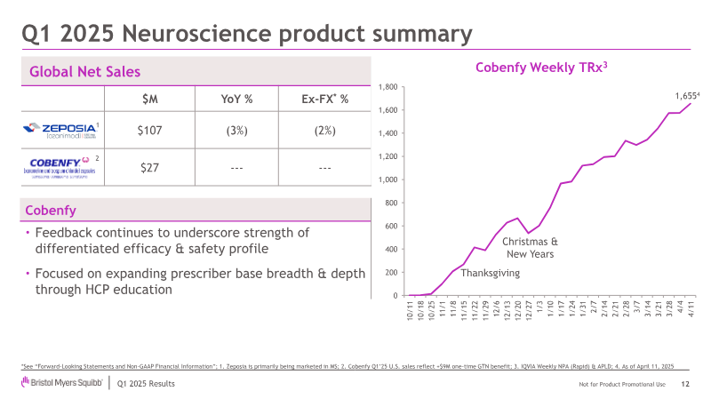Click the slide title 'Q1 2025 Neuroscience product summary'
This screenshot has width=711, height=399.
point(246,34)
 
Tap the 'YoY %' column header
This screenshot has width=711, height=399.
point(236,98)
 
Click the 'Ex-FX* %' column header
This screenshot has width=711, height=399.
point(324,98)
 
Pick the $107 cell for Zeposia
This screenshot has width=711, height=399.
point(148,130)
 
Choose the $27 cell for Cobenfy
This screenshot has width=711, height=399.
point(148,166)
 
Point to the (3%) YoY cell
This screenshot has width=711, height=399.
point(236,130)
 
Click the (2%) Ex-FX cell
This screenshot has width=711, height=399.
point(324,130)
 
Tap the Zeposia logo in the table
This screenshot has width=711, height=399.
point(62,130)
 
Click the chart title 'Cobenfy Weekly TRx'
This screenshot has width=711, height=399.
point(541,67)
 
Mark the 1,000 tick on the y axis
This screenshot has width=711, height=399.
point(388,180)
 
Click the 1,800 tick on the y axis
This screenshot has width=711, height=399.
point(388,87)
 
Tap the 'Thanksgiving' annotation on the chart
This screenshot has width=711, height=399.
point(491,273)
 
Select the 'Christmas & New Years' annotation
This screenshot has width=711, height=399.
point(530,247)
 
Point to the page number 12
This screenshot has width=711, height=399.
point(685,383)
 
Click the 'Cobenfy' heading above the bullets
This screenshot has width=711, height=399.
point(50,210)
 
